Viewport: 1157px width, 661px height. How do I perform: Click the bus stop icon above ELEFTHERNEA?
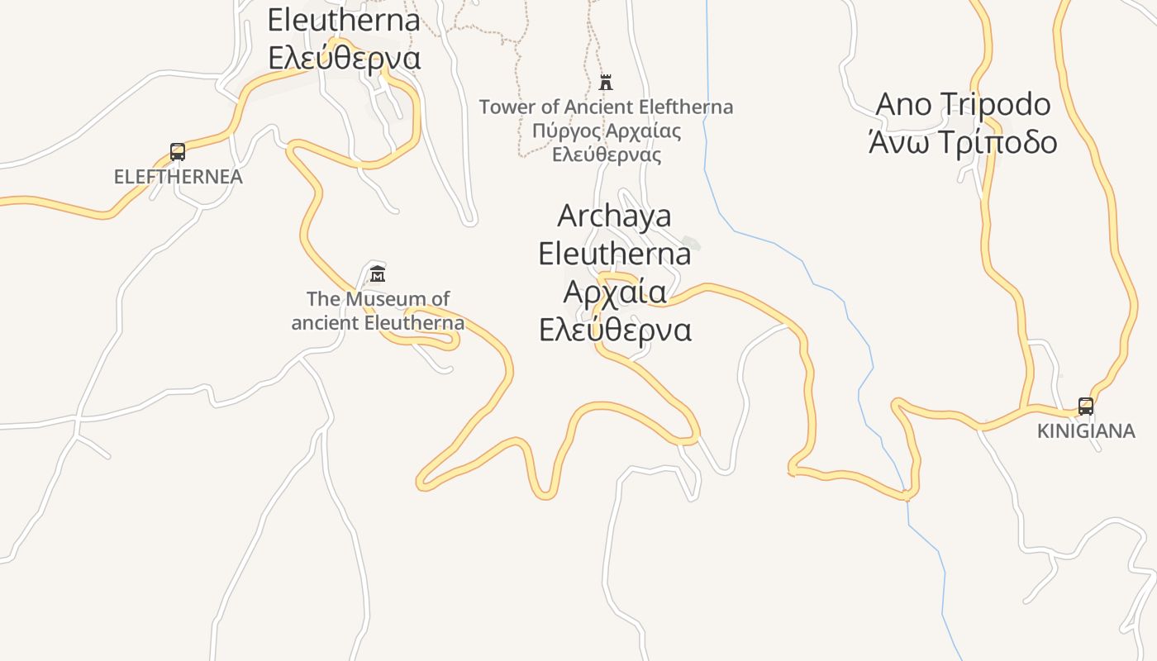(178, 151)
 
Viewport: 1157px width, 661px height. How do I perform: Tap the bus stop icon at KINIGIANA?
(1086, 406)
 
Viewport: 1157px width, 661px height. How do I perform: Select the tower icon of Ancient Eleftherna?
(606, 82)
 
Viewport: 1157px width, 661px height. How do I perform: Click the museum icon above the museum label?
(378, 273)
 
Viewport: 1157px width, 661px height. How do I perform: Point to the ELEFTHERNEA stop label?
(179, 177)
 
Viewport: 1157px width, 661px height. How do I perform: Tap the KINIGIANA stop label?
(1086, 431)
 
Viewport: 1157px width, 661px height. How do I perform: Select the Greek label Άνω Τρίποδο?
(963, 142)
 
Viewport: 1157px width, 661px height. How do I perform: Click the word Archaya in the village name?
(614, 216)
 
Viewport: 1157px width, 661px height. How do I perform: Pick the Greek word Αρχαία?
(615, 292)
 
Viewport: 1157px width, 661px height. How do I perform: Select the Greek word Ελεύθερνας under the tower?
(607, 155)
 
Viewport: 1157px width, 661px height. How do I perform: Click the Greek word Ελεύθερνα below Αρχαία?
(615, 330)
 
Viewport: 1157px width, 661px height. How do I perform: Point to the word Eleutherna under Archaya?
(615, 254)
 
